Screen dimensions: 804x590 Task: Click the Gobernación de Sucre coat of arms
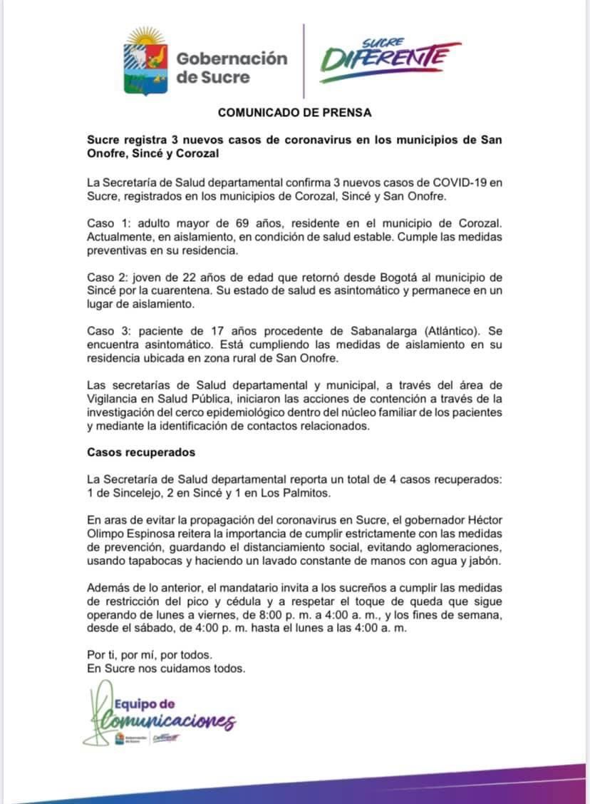pyautogui.click(x=147, y=62)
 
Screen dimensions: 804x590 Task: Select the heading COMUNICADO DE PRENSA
pyautogui.click(x=294, y=112)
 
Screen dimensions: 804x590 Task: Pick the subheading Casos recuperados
pyautogui.click(x=141, y=452)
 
